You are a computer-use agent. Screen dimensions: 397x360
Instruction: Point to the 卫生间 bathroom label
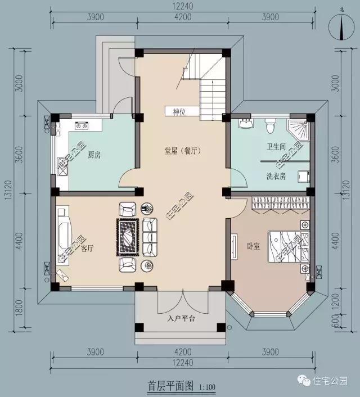click(x=276, y=147)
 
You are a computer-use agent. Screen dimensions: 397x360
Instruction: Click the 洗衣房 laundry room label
click(x=276, y=176)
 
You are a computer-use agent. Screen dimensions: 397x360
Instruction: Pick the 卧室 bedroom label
click(x=253, y=246)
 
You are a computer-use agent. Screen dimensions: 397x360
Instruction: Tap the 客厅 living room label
click(x=87, y=248)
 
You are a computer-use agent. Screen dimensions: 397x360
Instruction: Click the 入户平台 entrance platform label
click(x=181, y=318)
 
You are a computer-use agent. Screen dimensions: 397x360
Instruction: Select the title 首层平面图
click(x=171, y=386)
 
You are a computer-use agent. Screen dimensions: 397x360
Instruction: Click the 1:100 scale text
click(x=206, y=387)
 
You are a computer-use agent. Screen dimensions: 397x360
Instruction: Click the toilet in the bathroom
click(x=270, y=127)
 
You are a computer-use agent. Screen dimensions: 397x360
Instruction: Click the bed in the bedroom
click(x=284, y=247)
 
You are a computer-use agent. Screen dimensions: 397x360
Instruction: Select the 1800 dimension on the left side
click(x=19, y=308)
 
